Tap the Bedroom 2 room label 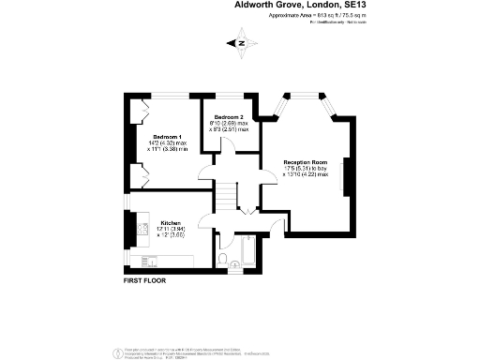[230, 117]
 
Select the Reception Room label [306, 162]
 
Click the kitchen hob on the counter [143, 229]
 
